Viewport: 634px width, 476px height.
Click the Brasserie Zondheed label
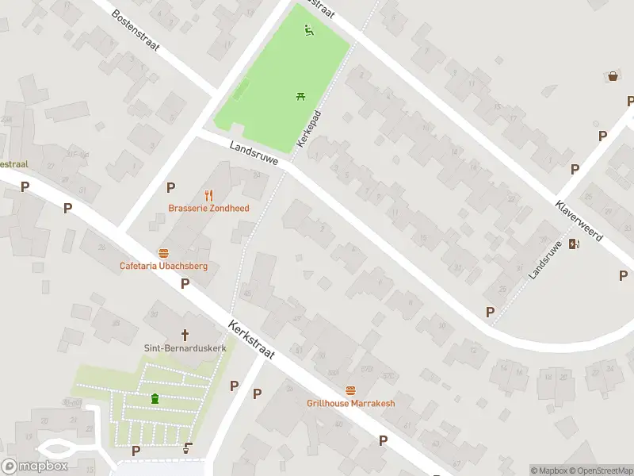click(x=208, y=209)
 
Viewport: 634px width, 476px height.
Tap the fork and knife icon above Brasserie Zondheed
click(x=209, y=194)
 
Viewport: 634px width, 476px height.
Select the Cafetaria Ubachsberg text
click(x=163, y=266)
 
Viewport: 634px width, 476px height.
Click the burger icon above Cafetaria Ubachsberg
click(x=163, y=252)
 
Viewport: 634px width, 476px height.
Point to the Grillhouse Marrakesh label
click(x=350, y=403)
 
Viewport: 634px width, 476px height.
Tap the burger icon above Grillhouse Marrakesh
click(x=350, y=390)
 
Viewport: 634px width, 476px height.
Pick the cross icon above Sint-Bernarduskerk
click(x=186, y=335)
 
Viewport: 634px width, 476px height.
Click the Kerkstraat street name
click(x=250, y=340)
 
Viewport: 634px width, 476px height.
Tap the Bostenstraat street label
click(x=136, y=30)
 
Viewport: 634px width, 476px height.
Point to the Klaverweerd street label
click(x=579, y=220)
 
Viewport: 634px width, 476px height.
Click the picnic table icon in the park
click(x=301, y=97)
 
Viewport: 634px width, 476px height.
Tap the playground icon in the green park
click(x=309, y=31)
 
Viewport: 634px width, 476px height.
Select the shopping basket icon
click(x=613, y=76)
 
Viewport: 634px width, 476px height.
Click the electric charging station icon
click(x=574, y=244)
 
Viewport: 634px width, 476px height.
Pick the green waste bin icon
click(x=155, y=399)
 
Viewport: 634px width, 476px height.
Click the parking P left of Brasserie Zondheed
click(x=170, y=187)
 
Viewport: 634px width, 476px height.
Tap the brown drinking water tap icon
click(x=187, y=448)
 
